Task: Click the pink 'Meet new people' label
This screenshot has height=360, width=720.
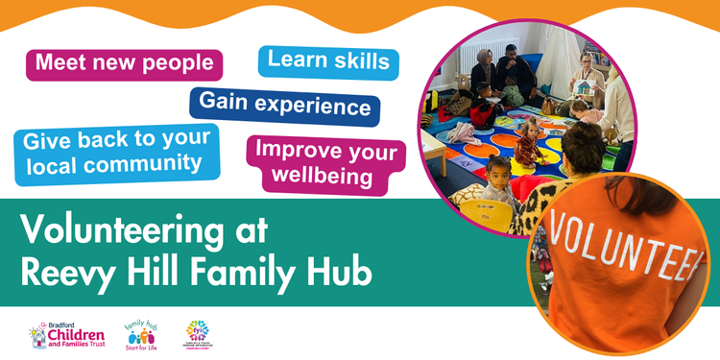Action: [x=124, y=64]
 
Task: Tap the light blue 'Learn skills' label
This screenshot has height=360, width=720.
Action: [x=328, y=60]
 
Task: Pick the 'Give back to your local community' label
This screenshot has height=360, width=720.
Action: [x=114, y=153]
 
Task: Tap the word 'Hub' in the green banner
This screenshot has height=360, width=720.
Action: [x=337, y=271]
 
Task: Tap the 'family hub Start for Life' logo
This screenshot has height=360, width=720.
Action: [x=144, y=333]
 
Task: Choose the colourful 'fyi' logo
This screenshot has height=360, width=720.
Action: [x=207, y=333]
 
